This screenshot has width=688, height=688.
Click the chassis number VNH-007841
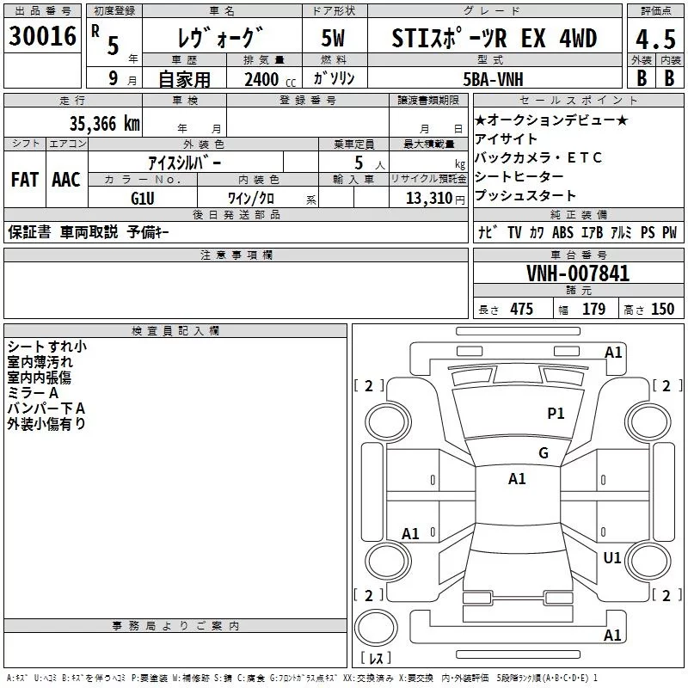pos(578,273)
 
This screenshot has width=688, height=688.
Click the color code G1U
pos(142,198)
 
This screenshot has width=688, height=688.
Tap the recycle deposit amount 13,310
pos(427,198)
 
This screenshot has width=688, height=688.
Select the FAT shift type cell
pos(24,179)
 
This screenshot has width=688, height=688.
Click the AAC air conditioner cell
pos(65,179)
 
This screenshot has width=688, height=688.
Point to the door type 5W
pos(332,40)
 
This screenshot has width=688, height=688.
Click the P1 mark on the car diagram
pos(556,414)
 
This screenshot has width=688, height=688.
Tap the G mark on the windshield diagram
pos(544,453)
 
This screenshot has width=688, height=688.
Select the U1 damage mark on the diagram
pos(611,558)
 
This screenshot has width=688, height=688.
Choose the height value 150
pos(662,310)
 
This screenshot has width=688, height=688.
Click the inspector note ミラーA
pos(28,392)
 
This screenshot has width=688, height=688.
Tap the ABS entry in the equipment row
pos(562,232)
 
